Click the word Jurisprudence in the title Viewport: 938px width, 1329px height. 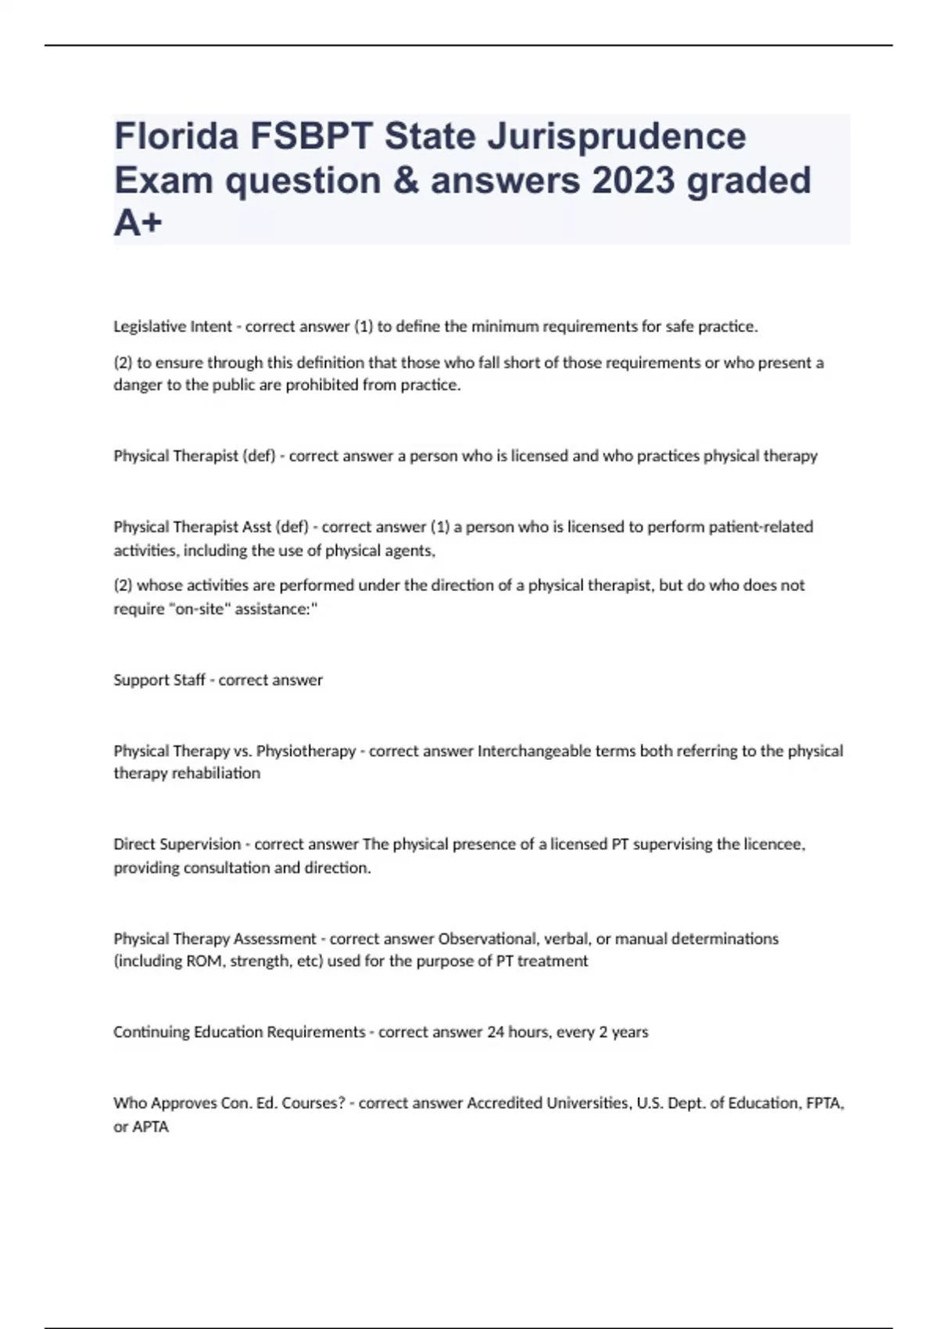[617, 137]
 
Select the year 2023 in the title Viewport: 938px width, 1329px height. [633, 181]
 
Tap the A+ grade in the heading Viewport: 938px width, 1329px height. [138, 224]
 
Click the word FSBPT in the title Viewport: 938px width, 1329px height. [312, 137]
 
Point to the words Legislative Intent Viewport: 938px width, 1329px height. [173, 327]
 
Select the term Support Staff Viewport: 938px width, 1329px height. [159, 680]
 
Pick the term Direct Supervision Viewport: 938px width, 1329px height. [177, 844]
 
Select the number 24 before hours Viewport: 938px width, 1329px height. [496, 1032]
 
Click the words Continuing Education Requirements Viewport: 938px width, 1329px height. [239, 1032]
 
